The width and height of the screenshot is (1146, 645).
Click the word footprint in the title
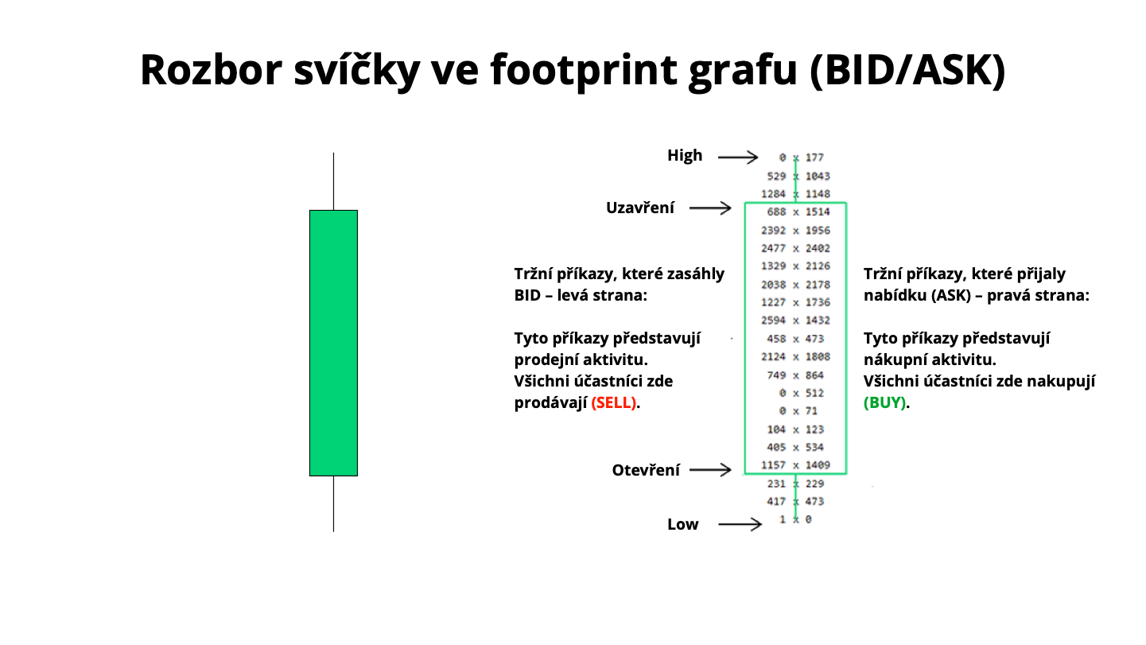point(583,71)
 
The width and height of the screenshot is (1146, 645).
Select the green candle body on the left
point(333,343)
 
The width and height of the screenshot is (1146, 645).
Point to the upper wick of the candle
point(333,181)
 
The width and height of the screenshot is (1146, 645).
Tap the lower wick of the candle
point(333,503)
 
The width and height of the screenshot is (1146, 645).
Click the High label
point(685,156)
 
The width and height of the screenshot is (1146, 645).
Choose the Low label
point(682,524)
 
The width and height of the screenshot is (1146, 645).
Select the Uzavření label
point(640,208)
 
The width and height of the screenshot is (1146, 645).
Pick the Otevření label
point(646,470)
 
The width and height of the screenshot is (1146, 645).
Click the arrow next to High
point(738,157)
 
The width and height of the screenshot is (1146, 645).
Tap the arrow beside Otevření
point(711,469)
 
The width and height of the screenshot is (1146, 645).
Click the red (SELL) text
point(614,403)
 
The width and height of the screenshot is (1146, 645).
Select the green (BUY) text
point(884,403)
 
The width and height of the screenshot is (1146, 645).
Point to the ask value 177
point(814,157)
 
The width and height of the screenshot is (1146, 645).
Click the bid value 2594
point(773,321)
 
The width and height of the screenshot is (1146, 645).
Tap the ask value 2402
point(818,248)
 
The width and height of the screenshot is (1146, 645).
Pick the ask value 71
point(811,410)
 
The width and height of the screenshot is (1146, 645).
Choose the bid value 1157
point(773,465)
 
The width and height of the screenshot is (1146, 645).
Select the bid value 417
point(776,501)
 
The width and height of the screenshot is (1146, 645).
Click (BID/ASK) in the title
point(908,71)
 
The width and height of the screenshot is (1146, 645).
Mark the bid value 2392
point(773,231)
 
